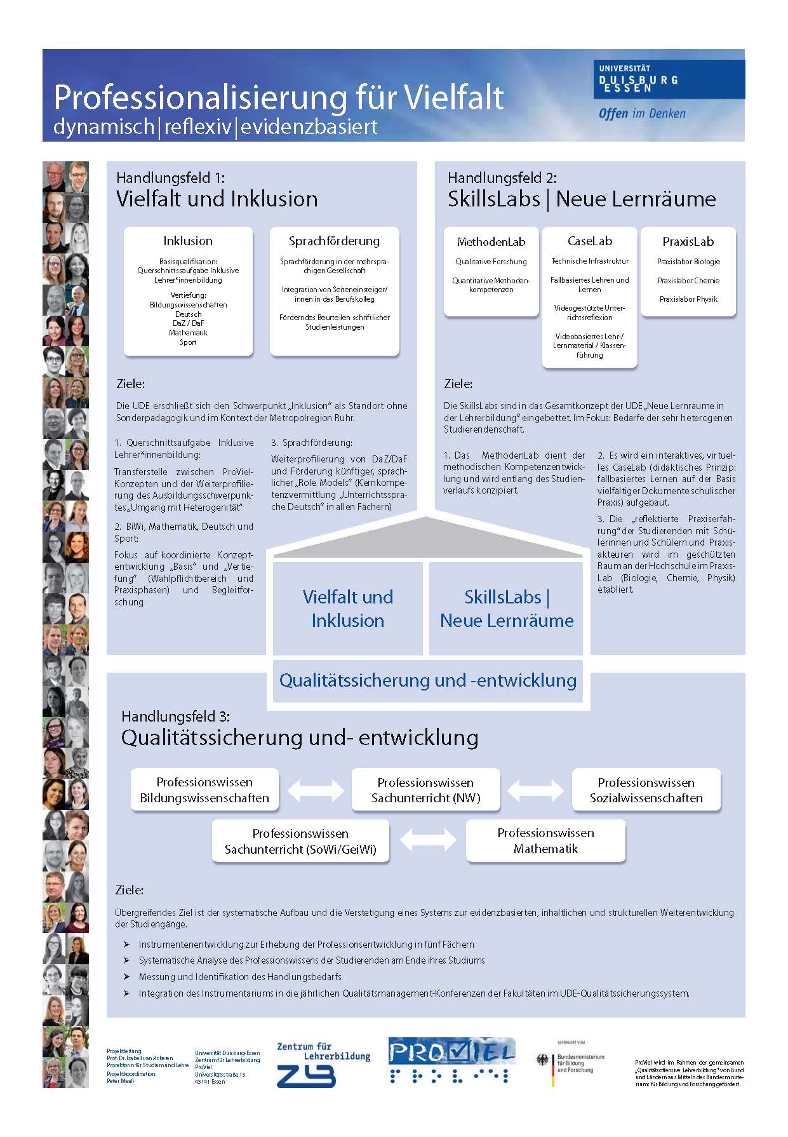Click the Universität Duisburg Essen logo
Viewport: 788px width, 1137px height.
point(669,80)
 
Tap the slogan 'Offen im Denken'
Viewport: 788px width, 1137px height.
point(642,114)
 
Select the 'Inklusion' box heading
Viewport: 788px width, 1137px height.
point(188,241)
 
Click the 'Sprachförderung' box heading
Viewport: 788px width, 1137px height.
point(334,241)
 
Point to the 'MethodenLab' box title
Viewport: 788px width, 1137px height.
point(491,241)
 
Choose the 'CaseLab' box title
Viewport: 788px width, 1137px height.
point(589,241)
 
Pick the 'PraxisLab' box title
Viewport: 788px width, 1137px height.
point(688,241)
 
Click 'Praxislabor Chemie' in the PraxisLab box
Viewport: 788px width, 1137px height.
point(688,280)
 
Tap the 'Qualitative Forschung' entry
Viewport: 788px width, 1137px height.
point(491,261)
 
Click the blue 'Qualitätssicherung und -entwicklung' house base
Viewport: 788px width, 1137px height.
point(427,680)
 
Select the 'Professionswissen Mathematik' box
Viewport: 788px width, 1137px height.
point(545,840)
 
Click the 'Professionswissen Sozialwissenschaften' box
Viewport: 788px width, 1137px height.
point(646,790)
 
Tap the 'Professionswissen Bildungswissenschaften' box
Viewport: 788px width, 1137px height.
point(204,790)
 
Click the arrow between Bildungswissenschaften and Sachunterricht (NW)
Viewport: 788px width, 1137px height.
point(316,790)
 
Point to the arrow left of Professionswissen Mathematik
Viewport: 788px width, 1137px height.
point(428,840)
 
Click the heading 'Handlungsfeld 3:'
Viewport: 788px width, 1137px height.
point(175,716)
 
